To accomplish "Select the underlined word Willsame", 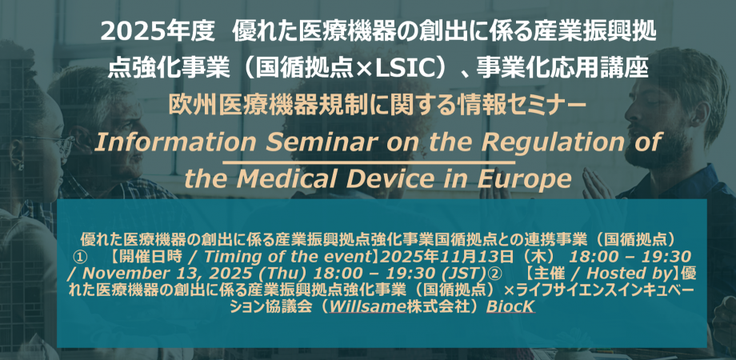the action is (361, 306).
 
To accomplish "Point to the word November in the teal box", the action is (106, 273).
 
